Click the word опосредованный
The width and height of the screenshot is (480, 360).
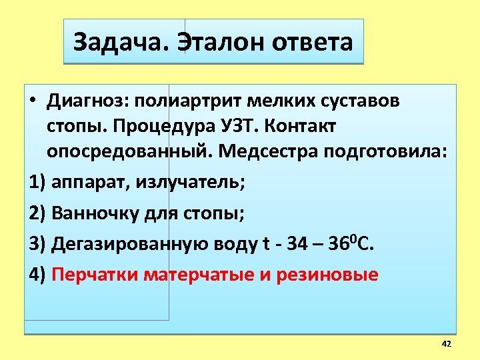tap(130, 151)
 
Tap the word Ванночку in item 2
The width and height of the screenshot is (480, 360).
tap(94, 213)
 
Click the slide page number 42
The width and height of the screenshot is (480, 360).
tap(446, 343)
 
